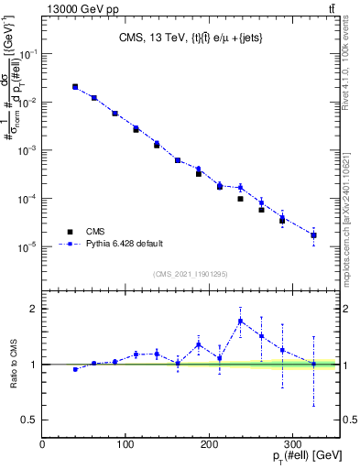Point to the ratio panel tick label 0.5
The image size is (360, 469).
[27, 420]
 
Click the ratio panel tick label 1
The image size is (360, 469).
[32, 365]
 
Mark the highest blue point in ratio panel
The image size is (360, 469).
[240, 321]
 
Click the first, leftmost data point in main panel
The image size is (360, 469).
[75, 87]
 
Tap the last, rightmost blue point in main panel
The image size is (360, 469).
[313, 235]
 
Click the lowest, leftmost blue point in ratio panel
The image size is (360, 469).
[75, 369]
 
